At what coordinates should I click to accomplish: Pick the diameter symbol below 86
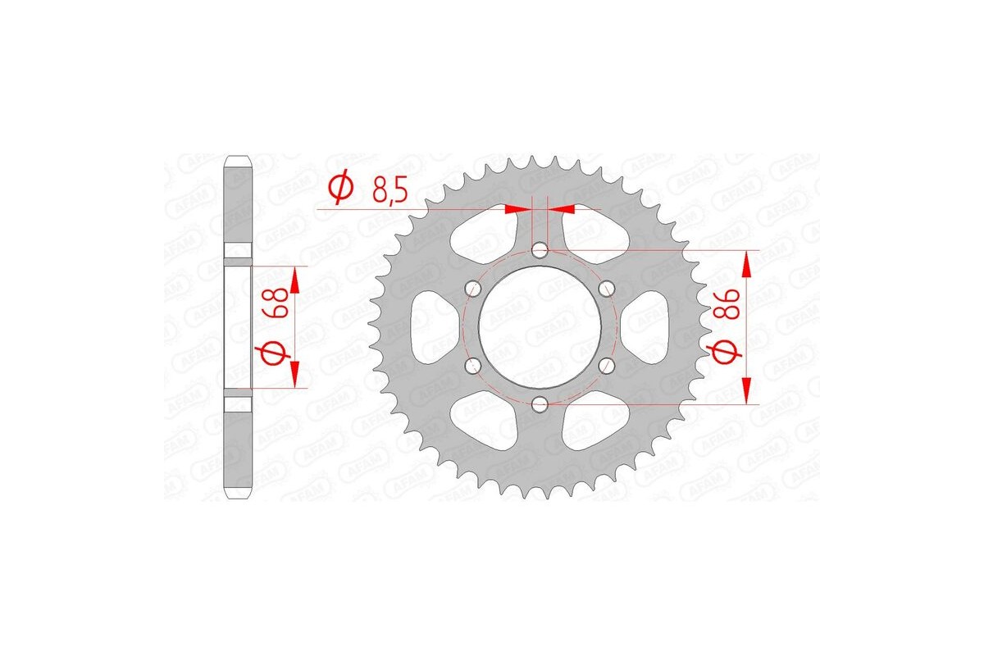tap(728, 353)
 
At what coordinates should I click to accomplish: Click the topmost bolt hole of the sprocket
tap(540, 249)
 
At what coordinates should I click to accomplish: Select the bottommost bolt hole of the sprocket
tap(540, 403)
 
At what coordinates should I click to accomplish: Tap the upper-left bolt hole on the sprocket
tap(473, 288)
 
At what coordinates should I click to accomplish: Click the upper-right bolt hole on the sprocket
tap(607, 288)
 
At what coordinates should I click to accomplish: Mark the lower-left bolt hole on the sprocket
tap(473, 365)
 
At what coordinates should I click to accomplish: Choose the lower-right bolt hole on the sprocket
tap(607, 365)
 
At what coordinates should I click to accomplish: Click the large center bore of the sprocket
tap(540, 326)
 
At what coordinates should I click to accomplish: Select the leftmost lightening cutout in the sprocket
tap(428, 326)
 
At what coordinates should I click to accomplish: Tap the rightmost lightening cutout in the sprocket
tap(652, 326)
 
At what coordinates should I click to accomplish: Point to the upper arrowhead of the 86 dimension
tap(746, 261)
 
